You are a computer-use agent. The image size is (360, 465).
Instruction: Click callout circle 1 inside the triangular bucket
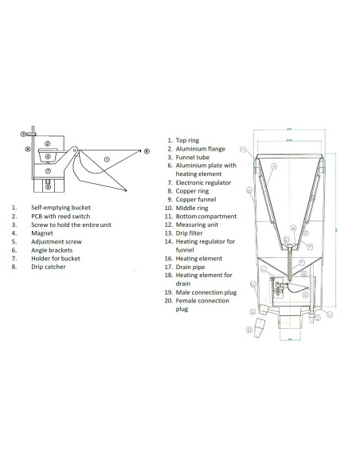click(106, 158)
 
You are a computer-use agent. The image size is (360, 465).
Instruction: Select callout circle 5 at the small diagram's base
click(48, 187)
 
